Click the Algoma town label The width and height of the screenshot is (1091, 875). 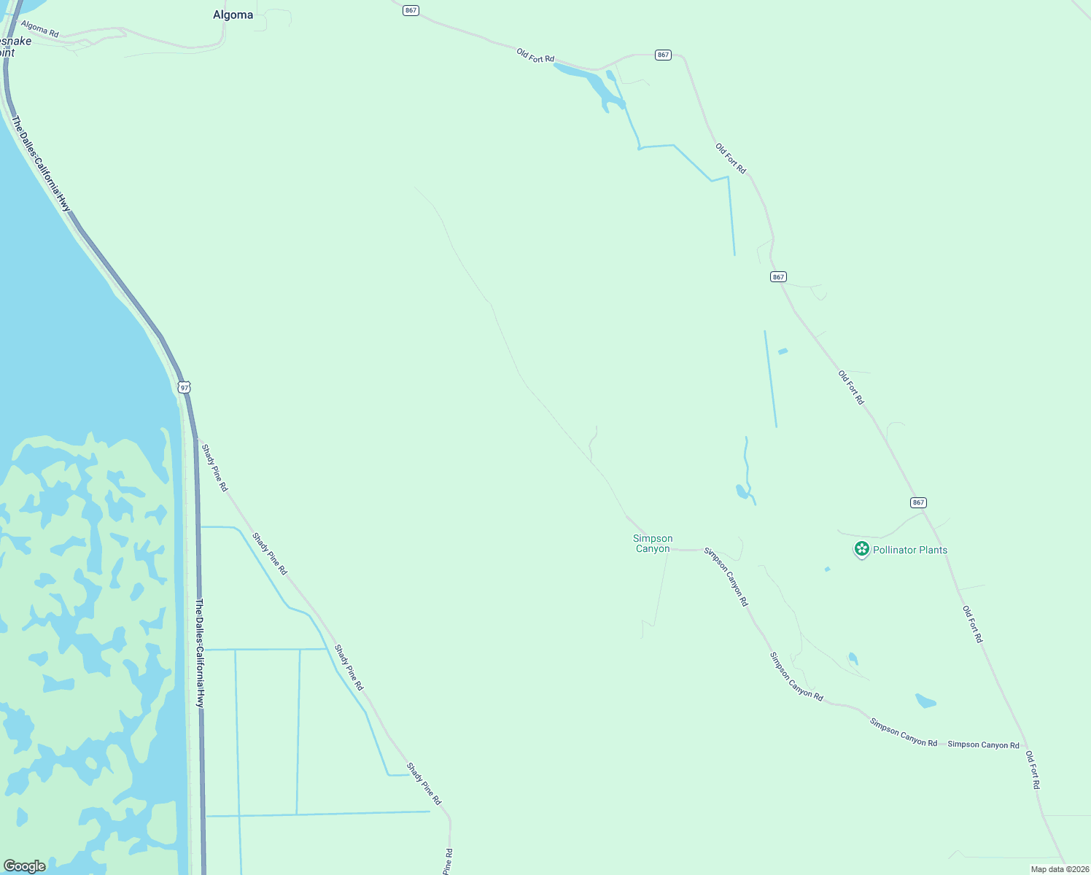pyautogui.click(x=233, y=15)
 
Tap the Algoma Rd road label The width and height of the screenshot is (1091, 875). pyautogui.click(x=39, y=29)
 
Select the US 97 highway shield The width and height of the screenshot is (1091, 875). pyautogui.click(x=185, y=387)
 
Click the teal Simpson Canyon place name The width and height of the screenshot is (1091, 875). pyautogui.click(x=653, y=543)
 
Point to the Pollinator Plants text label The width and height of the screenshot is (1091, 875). pyautogui.click(x=910, y=550)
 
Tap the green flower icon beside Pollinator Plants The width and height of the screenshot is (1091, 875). pyautogui.click(x=861, y=549)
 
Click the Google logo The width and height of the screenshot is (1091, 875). pyautogui.click(x=25, y=866)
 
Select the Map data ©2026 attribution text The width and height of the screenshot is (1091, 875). pyautogui.click(x=1059, y=869)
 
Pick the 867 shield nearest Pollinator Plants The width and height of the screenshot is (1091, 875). pyautogui.click(x=918, y=502)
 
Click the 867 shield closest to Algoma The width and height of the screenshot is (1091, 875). pyautogui.click(x=411, y=10)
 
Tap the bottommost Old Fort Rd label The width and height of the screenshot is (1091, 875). pyautogui.click(x=1032, y=769)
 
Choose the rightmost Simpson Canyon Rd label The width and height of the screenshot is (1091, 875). pyautogui.click(x=983, y=744)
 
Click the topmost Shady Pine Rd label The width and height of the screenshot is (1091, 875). pyautogui.click(x=214, y=467)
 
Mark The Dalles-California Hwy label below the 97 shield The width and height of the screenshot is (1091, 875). pyautogui.click(x=200, y=653)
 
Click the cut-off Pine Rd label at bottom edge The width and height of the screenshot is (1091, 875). pyautogui.click(x=449, y=861)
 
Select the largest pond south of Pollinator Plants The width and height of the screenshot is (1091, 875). pyautogui.click(x=925, y=701)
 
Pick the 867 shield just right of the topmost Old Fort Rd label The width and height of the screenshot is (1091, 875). pyautogui.click(x=662, y=55)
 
